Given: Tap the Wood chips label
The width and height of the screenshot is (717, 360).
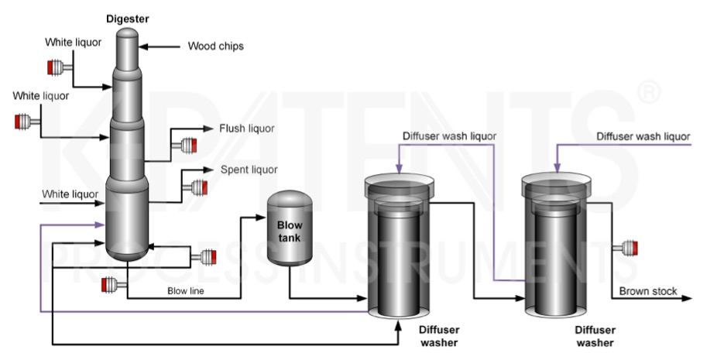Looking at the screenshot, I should (215, 46).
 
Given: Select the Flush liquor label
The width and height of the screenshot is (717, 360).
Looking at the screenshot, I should (246, 128).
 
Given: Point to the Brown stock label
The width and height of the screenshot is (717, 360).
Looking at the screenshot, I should (648, 291).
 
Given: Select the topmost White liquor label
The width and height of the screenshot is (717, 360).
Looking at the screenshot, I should (72, 42).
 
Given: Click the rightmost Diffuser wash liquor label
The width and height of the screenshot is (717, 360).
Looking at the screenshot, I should (643, 136).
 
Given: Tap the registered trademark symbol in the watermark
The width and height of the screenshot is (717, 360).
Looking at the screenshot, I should (649, 94).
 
